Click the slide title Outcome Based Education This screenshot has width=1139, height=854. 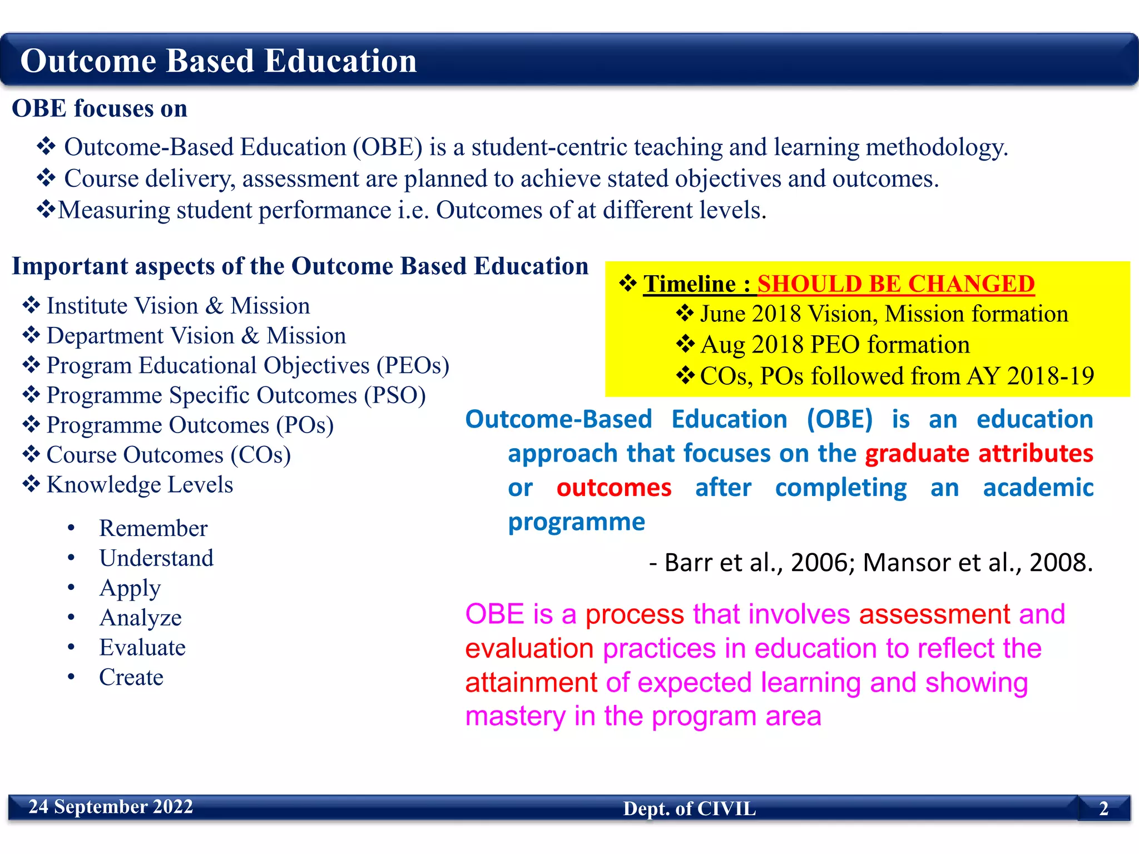(218, 61)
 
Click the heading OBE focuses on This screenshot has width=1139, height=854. (100, 108)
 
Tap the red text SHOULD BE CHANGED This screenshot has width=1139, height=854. (895, 284)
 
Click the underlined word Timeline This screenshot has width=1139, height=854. (690, 284)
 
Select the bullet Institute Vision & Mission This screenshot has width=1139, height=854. (178, 306)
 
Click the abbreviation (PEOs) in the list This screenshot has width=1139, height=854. (413, 366)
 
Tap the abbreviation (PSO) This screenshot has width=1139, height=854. (395, 396)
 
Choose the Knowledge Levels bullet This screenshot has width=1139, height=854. (140, 485)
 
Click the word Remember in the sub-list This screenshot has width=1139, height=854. (153, 528)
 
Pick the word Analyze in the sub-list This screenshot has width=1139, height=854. (140, 618)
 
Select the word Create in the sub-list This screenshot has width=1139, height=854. (131, 677)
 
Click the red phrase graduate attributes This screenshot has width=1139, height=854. (979, 454)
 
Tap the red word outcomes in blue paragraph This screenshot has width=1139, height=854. (614, 488)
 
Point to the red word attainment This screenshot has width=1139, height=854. (531, 683)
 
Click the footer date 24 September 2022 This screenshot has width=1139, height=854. (111, 807)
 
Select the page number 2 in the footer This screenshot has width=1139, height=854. (1103, 808)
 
